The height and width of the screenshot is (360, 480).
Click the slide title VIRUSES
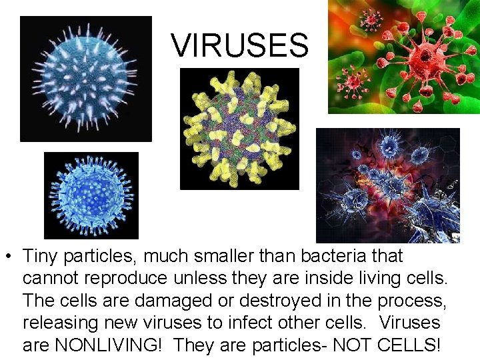pyautogui.click(x=239, y=46)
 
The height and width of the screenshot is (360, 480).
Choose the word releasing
pyautogui.click(x=57, y=323)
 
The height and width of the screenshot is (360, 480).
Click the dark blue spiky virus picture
pyautogui.click(x=85, y=79)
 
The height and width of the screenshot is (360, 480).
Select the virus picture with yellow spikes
pyautogui.click(x=239, y=129)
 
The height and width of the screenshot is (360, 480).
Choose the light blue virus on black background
pyautogui.click(x=91, y=195)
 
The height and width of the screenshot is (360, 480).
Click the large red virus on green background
pyautogui.click(x=404, y=57)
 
